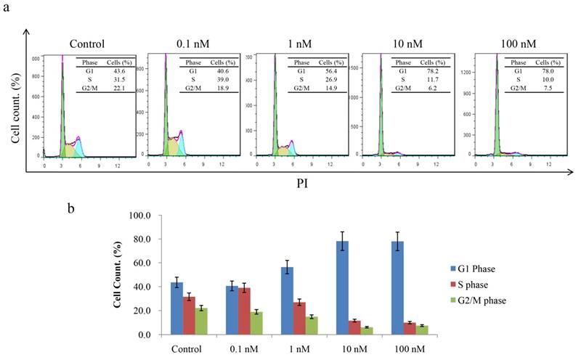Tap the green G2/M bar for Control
point(202,321)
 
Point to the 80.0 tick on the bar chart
point(140,240)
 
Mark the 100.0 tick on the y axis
point(139,216)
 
